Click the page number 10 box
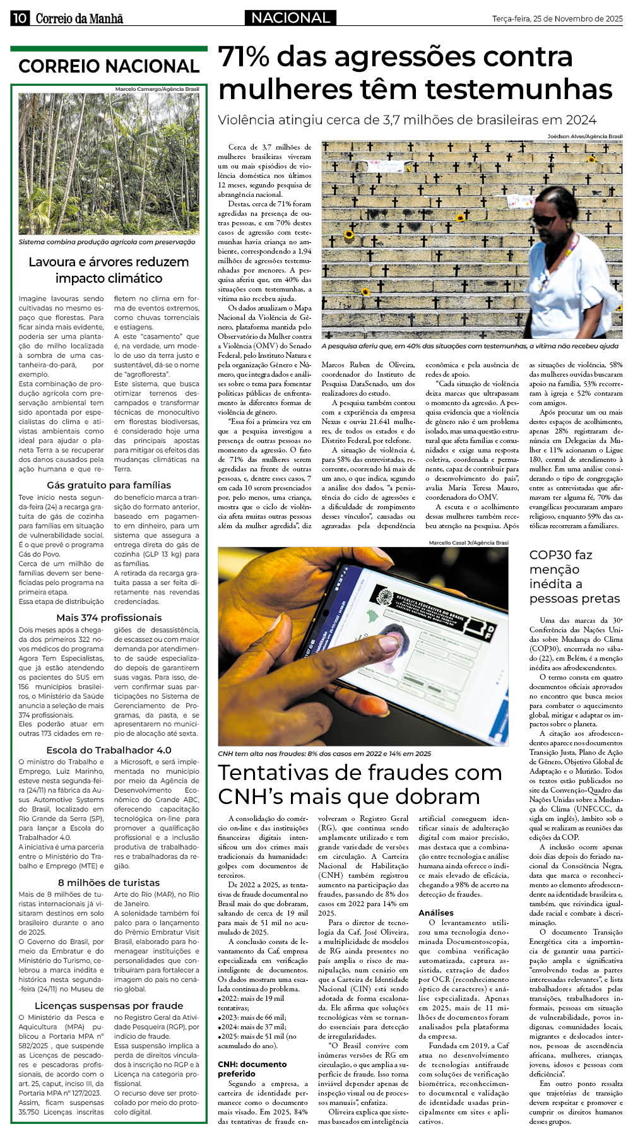(x=20, y=18)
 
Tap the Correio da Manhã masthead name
(x=79, y=19)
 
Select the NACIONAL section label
(x=290, y=18)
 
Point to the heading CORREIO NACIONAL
(x=109, y=66)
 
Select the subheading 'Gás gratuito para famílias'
(x=109, y=485)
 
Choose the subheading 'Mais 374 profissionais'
(x=109, y=618)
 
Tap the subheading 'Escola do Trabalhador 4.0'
(x=109, y=750)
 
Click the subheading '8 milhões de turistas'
(x=109, y=883)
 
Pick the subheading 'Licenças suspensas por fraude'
(x=109, y=1006)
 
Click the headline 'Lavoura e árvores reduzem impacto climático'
(x=109, y=270)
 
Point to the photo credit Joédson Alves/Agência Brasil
(x=584, y=136)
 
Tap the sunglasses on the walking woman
(x=543, y=219)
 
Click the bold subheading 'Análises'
(x=436, y=913)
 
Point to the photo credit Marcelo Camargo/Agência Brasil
(x=157, y=90)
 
